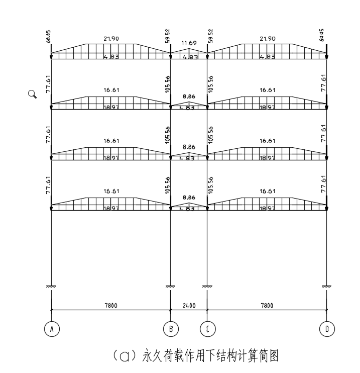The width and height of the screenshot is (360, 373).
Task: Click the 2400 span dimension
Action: pyautogui.click(x=189, y=305)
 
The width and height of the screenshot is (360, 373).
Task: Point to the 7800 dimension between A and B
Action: pyautogui.click(x=111, y=305)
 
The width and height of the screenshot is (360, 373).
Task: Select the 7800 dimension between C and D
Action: pyautogui.click(x=267, y=305)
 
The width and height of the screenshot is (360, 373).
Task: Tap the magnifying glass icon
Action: pyautogui.click(x=33, y=94)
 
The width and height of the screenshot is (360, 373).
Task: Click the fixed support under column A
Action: pyautogui.click(x=51, y=287)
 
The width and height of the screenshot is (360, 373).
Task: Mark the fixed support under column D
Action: pyautogui.click(x=327, y=287)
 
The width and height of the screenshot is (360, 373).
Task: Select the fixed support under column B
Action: pyautogui.click(x=171, y=287)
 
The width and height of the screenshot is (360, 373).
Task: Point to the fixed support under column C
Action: pyautogui.click(x=207, y=287)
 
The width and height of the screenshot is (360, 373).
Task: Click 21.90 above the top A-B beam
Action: pyautogui.click(x=111, y=39)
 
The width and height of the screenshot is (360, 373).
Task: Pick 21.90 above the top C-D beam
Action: pyautogui.click(x=267, y=39)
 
